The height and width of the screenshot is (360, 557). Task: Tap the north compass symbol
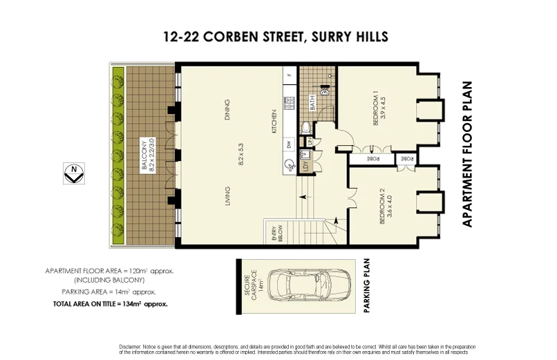[x=73, y=173]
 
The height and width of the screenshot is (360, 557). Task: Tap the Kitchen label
[x=274, y=122]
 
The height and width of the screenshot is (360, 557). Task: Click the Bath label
[x=312, y=103]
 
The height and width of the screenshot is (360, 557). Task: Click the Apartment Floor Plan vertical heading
[x=467, y=153]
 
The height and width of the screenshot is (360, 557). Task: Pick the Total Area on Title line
[x=111, y=303]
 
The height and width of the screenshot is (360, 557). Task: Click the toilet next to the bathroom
[x=305, y=128]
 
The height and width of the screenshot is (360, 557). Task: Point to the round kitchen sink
[x=289, y=165]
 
